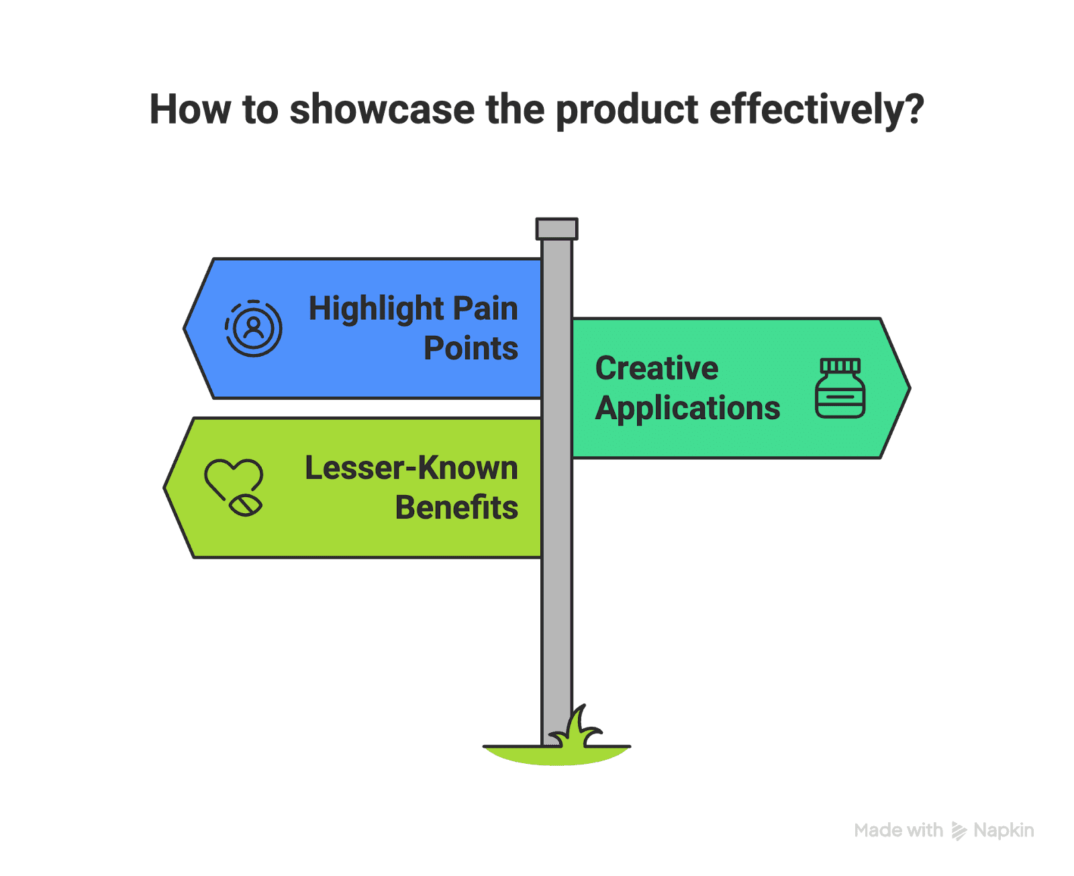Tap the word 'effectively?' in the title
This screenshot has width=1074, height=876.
pos(816,109)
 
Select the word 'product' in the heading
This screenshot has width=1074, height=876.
pos(628,109)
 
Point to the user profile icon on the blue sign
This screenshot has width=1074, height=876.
pos(254,328)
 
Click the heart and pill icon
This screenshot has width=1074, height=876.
pos(234,487)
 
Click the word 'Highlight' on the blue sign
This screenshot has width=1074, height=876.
pos(376,309)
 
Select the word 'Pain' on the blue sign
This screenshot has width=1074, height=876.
pos(485,309)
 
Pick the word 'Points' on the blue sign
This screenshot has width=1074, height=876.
pos(471,349)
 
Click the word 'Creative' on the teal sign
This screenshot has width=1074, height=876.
pos(656,368)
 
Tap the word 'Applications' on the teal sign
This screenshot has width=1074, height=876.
pos(687,408)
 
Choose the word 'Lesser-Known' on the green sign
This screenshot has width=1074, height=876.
pos(411,468)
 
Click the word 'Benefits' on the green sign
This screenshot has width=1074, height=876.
pos(456,508)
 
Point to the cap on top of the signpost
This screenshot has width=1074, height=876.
pos(556,228)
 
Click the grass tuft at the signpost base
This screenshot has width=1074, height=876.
pos(577,732)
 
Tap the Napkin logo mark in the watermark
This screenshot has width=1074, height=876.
pos(959,831)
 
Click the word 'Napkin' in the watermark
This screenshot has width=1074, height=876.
pos(1004,830)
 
